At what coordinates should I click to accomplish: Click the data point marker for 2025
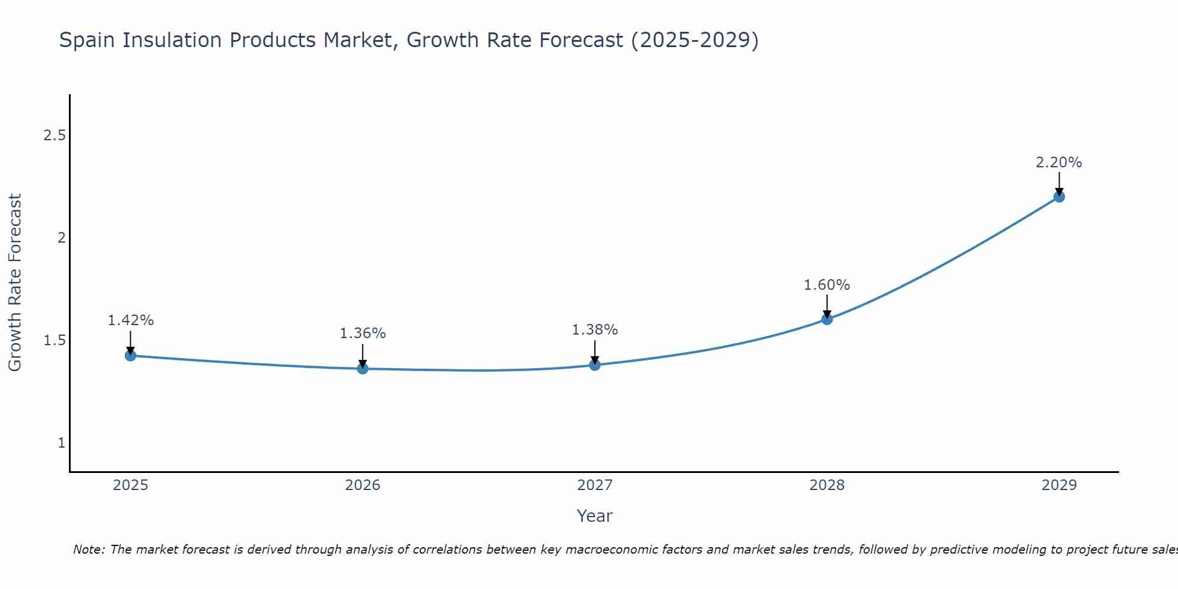click(x=131, y=356)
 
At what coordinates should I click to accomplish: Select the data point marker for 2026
click(x=363, y=369)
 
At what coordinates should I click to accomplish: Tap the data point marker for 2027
click(x=595, y=365)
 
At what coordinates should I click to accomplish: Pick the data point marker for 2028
click(x=827, y=319)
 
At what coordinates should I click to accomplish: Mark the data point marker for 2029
click(x=1059, y=197)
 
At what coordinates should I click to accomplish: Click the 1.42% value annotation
click(x=131, y=320)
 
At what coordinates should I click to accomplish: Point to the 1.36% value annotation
click(x=363, y=333)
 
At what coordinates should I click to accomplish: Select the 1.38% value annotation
click(x=595, y=330)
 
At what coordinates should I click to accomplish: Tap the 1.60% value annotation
click(x=827, y=285)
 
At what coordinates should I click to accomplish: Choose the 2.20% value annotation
click(x=1059, y=163)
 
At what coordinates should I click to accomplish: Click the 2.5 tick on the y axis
click(x=54, y=135)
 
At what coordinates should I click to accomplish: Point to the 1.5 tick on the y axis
click(x=54, y=340)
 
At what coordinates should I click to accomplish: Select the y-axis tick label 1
click(x=61, y=443)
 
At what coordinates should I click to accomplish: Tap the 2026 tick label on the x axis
click(x=363, y=485)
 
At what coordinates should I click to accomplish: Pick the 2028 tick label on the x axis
click(x=827, y=485)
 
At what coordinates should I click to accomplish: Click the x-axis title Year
click(x=595, y=516)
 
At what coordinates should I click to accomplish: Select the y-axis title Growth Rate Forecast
click(x=15, y=283)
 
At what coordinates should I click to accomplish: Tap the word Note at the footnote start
click(x=88, y=550)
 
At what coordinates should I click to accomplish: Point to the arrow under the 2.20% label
click(x=1059, y=183)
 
